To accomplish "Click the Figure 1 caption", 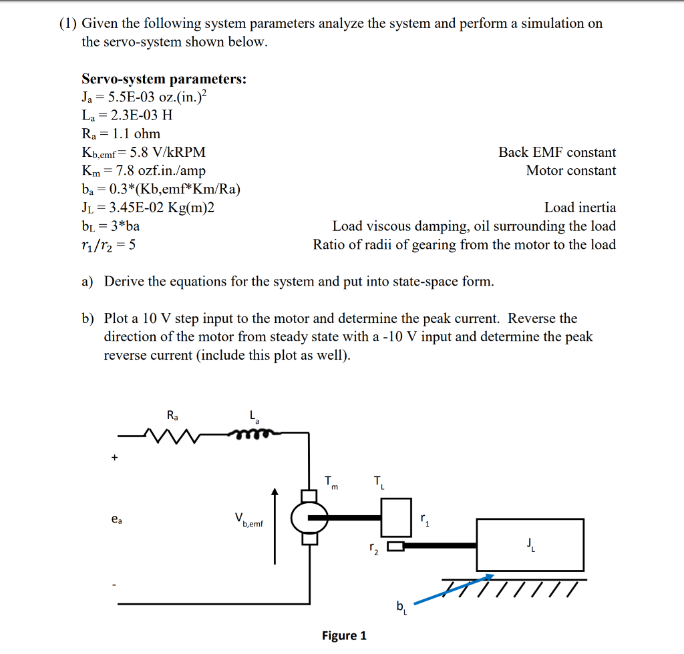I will pyautogui.click(x=344, y=635).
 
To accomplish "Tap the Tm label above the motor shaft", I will pyautogui.click(x=331, y=482).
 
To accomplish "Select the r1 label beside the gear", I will pyautogui.click(x=424, y=520).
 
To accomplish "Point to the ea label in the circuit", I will pyautogui.click(x=117, y=519).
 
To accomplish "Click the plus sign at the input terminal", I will pyautogui.click(x=115, y=458).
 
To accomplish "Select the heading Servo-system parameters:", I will pyautogui.click(x=164, y=79).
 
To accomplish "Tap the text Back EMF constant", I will pyautogui.click(x=557, y=152).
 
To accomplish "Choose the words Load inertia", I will pyautogui.click(x=580, y=208).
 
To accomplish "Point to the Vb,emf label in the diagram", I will pyautogui.click(x=248, y=520).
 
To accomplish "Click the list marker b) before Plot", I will pyautogui.click(x=88, y=318).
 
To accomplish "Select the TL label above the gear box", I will pyautogui.click(x=379, y=482).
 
